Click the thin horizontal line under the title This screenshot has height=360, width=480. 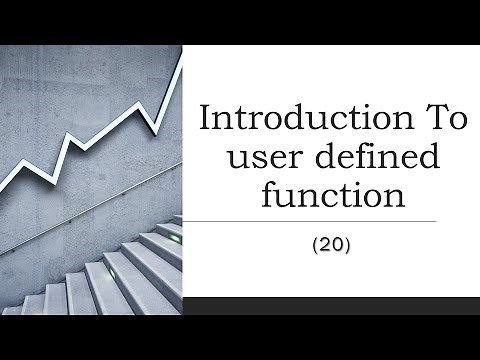pos(310,221)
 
